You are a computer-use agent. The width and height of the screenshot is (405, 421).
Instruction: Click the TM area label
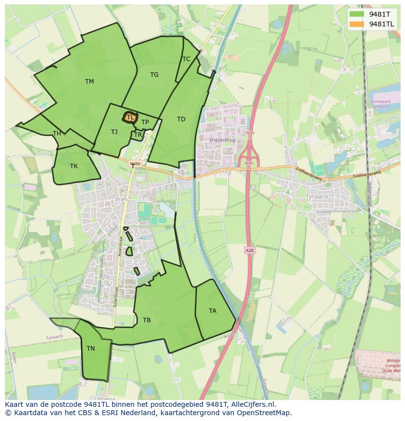pyautogui.click(x=89, y=82)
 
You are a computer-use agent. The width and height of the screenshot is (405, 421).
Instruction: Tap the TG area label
pyautogui.click(x=154, y=75)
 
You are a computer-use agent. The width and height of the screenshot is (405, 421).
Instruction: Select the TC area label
pyautogui.click(x=186, y=59)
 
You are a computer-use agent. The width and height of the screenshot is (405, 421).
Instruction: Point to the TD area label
pyautogui.click(x=181, y=119)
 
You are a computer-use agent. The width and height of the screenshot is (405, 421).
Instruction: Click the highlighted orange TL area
pyautogui.click(x=130, y=117)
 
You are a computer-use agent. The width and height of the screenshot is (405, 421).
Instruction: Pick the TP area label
pyautogui.click(x=145, y=122)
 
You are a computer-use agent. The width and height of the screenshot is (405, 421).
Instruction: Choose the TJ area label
pyautogui.click(x=114, y=132)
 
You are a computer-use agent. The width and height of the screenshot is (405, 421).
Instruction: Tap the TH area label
pyautogui.click(x=57, y=133)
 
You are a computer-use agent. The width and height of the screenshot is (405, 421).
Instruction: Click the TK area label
pyautogui.click(x=73, y=166)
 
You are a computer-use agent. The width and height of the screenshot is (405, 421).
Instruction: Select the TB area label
pyautogui.click(x=147, y=320)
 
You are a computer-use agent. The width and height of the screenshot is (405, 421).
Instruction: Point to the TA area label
pyautogui.click(x=212, y=311)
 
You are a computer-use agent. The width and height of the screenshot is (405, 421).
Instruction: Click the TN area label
pyautogui.click(x=90, y=349)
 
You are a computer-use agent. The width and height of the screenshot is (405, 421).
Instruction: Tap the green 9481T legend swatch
pyautogui.click(x=357, y=14)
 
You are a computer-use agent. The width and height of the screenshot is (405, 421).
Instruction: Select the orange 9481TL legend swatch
pyautogui.click(x=357, y=24)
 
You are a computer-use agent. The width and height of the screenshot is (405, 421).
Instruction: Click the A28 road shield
pyautogui.click(x=249, y=250)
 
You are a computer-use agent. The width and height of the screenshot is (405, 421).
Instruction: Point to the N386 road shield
pyautogui.click(x=135, y=164)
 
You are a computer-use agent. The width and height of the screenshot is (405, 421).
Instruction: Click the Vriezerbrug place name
pyautogui.click(x=222, y=139)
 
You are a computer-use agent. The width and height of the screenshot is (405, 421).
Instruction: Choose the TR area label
pyautogui.click(x=138, y=135)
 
